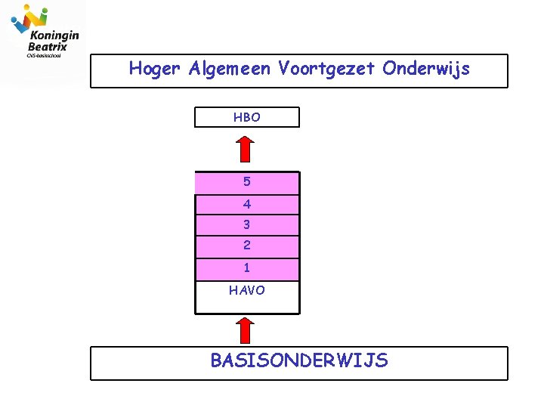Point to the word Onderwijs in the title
coord(426,69)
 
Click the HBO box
coord(247,117)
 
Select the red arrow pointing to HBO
coord(245,148)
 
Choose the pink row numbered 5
coord(247,182)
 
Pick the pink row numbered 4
coord(247,204)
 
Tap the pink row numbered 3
coord(247,224)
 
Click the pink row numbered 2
coord(247,246)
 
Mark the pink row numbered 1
coord(247,268)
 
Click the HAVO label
coord(247,290)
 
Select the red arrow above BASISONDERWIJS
coord(245,331)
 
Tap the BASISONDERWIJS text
coord(299,361)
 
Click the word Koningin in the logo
coord(54,35)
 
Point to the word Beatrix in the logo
coord(48,46)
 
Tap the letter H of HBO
coord(237,117)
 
